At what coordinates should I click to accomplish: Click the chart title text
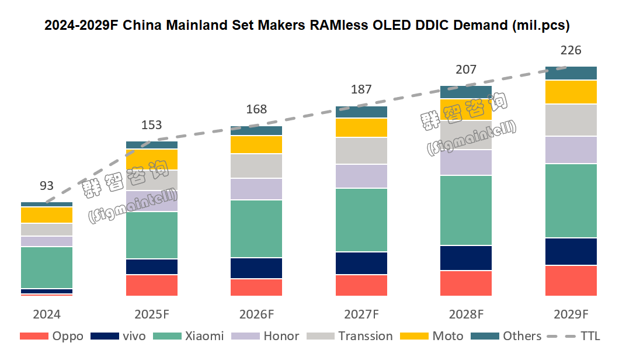pos(307,26)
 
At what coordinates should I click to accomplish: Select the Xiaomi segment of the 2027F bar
pos(361,220)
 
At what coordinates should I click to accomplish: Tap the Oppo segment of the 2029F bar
pos(571,281)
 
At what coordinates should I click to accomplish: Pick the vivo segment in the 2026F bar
pos(256,268)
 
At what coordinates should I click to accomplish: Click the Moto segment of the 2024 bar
pos(47,215)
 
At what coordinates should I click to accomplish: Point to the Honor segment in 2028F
pos(466,162)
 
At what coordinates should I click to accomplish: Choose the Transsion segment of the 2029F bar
pos(571,120)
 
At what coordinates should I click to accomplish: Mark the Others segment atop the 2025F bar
pos(152,145)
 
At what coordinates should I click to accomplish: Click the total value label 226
pos(571,51)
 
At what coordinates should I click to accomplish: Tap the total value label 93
pos(47,186)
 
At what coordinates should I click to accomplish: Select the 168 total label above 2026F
pos(256,109)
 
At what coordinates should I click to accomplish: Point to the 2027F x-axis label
pos(361,314)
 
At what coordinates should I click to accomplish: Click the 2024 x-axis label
pos(47,314)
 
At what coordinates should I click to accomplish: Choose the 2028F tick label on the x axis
pos(466,314)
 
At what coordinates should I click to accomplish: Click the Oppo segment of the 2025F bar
pos(152,285)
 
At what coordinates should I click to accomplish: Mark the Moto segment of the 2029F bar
pos(571,92)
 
